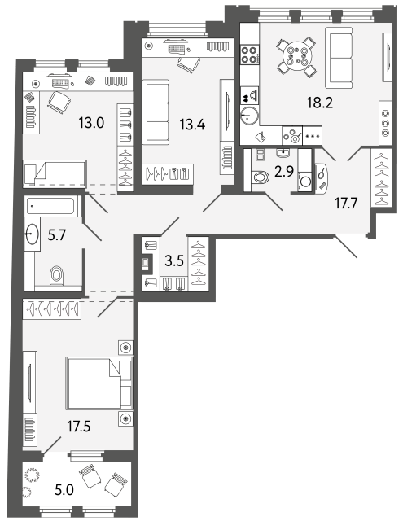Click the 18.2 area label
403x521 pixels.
[x=320, y=103]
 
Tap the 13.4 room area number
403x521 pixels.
[x=192, y=125]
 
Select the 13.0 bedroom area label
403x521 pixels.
[x=91, y=123]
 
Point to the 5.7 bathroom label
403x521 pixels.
[x=57, y=235]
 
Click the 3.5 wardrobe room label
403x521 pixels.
[x=174, y=260]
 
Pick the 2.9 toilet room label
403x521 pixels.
[x=284, y=172]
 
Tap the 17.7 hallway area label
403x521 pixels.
[x=346, y=203]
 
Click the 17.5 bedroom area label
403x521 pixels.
[x=79, y=426]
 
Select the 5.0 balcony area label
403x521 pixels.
[x=64, y=490]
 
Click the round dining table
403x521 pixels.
[x=297, y=55]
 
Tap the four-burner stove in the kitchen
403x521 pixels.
[x=249, y=55]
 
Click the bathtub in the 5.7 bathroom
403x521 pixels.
[x=51, y=206]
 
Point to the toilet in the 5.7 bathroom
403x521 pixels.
[x=56, y=275]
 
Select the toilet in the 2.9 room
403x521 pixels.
[x=261, y=177]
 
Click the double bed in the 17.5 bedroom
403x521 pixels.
[x=99, y=383]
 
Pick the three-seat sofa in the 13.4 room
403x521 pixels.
[x=156, y=112]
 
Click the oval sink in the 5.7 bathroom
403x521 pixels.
[x=33, y=234]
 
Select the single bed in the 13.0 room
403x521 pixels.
[x=55, y=173]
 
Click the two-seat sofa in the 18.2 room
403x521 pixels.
[x=339, y=58]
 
